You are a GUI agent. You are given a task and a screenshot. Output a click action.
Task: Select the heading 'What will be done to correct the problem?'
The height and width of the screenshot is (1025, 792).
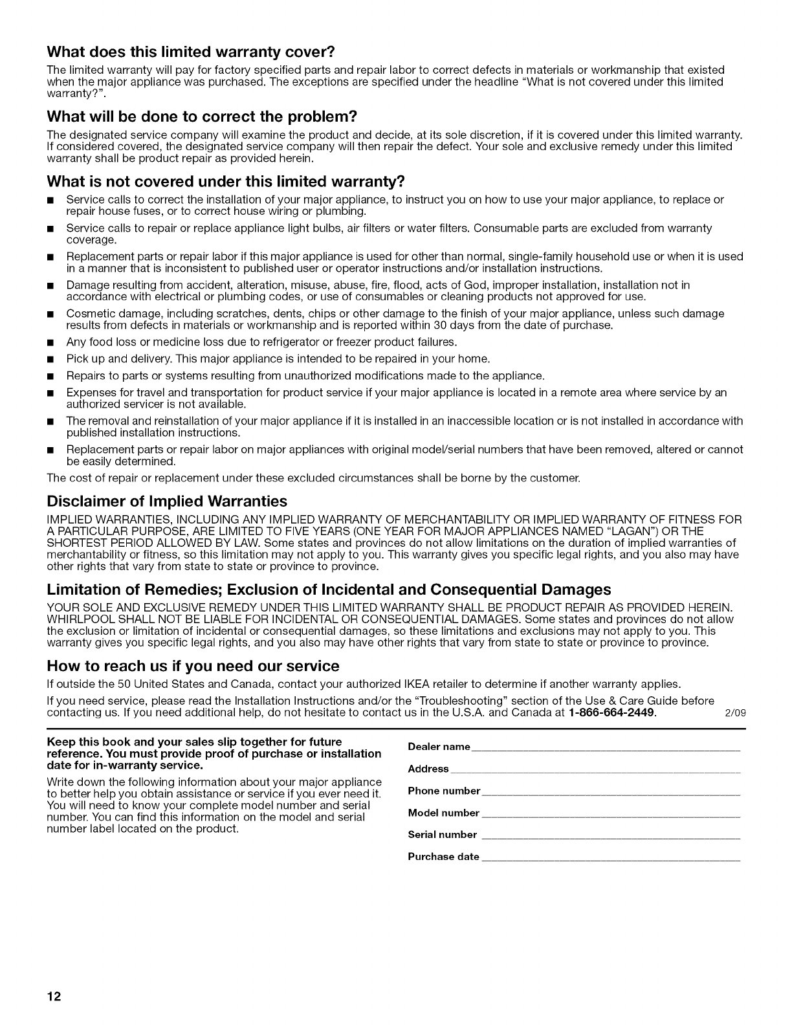coord(202,117)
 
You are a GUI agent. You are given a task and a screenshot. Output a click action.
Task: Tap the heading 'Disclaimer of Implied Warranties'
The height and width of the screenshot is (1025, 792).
coord(167,501)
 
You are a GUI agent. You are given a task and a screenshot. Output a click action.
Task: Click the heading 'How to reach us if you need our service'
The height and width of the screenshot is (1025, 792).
coord(193,666)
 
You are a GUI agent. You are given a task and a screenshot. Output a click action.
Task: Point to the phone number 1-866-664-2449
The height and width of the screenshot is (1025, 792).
coord(611,713)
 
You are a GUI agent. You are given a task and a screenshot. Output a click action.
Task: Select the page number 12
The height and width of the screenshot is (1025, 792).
coord(54,997)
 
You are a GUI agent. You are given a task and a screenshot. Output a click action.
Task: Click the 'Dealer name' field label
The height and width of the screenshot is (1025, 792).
coord(439,747)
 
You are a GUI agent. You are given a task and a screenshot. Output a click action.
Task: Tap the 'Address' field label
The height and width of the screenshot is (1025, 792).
coord(428,769)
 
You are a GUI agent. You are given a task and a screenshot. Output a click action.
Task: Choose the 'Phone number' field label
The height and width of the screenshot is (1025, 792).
coord(444,791)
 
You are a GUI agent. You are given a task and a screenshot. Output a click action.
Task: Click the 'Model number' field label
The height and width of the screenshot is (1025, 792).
coord(443,813)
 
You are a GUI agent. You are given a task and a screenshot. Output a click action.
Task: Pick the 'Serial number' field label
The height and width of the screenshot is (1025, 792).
coord(442,835)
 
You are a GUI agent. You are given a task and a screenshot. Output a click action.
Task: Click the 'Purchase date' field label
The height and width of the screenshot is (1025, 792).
coord(443,857)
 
